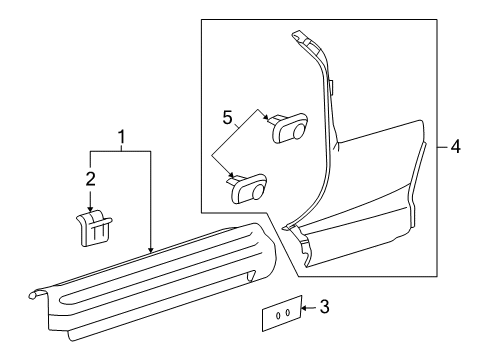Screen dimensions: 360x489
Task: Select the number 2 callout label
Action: [x=90, y=178]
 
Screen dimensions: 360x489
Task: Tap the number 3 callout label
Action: [x=323, y=308]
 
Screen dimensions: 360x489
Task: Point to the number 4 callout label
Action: [x=454, y=147]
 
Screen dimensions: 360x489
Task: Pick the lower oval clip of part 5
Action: [x=250, y=188]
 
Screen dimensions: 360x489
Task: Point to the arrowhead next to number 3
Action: [x=304, y=308]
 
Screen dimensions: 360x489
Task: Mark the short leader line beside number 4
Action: [x=441, y=147]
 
